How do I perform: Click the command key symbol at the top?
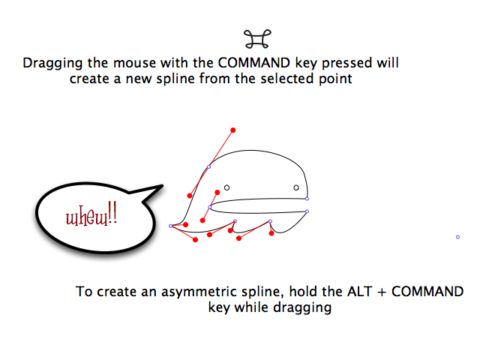pyautogui.click(x=257, y=39)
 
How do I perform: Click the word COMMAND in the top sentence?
pyautogui.click(x=254, y=63)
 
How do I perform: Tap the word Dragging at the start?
pyautogui.click(x=52, y=64)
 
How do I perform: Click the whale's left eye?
pyautogui.click(x=226, y=187)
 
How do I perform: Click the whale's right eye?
pyautogui.click(x=296, y=187)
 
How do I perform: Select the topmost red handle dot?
pyautogui.click(x=233, y=130)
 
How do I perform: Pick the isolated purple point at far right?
pyautogui.click(x=457, y=237)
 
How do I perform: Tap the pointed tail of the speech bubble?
pyautogui.click(x=162, y=185)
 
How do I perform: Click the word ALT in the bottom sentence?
pyautogui.click(x=359, y=292)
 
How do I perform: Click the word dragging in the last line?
pyautogui.click(x=302, y=308)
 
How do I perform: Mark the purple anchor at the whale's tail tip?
pyautogui.click(x=171, y=226)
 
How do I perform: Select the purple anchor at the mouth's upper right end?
pyautogui.click(x=307, y=199)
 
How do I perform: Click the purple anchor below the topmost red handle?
pyautogui.click(x=208, y=166)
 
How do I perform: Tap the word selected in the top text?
pyautogui.click(x=287, y=79)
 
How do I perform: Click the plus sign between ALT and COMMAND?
pyautogui.click(x=382, y=292)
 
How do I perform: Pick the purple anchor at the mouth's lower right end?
pyautogui.click(x=307, y=211)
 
